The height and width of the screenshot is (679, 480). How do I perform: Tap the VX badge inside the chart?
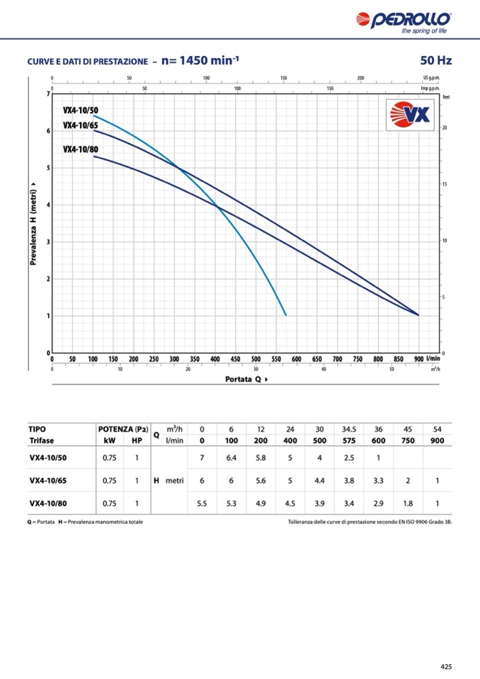[411, 115]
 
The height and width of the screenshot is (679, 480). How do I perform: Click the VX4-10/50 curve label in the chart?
[81, 110]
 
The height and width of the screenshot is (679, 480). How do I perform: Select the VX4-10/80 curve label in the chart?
[81, 149]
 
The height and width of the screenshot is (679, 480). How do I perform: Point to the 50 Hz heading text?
[435, 61]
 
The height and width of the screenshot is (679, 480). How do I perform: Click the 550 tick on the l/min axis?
[276, 359]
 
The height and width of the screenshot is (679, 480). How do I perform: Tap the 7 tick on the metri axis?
[48, 94]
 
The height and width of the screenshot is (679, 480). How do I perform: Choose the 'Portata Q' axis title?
[246, 379]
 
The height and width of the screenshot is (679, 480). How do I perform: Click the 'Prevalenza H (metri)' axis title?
[33, 225]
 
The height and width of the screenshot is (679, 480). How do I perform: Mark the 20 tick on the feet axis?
[445, 127]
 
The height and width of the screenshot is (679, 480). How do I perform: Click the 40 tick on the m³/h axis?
[324, 369]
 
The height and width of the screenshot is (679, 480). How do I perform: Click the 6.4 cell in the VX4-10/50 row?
[231, 457]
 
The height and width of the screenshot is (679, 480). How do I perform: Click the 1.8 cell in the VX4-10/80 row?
[408, 503]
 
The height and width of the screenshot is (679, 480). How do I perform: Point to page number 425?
[445, 666]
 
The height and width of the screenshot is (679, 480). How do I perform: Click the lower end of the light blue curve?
[286, 315]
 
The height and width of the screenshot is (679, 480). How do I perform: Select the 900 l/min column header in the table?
[437, 440]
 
